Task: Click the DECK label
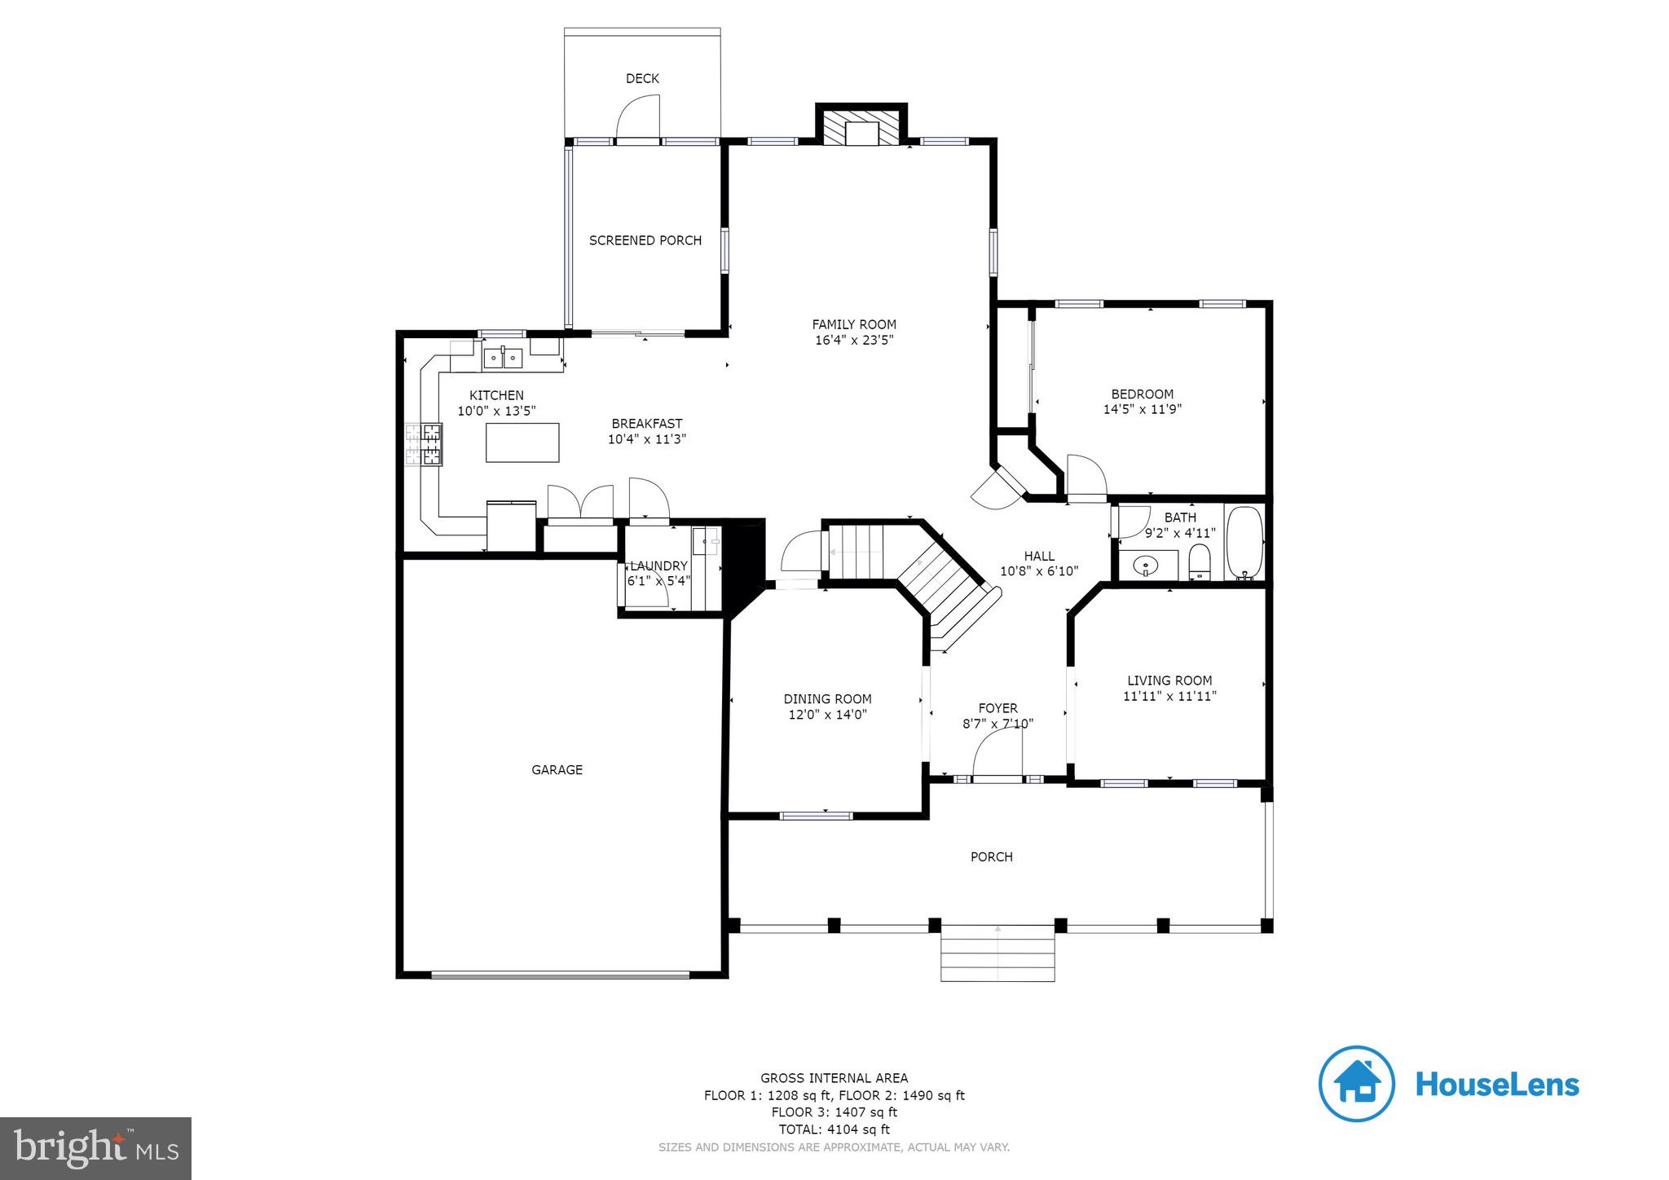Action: pyautogui.click(x=642, y=78)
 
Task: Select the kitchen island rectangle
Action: pyautogui.click(x=522, y=442)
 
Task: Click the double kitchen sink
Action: pyautogui.click(x=503, y=358)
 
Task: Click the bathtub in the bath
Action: pyautogui.click(x=1244, y=542)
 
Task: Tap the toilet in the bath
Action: pyautogui.click(x=1199, y=562)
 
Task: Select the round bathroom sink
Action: pyautogui.click(x=1147, y=564)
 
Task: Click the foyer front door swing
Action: pyautogui.click(x=999, y=754)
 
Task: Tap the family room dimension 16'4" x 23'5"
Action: pyautogui.click(x=854, y=341)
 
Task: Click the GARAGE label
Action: pyautogui.click(x=557, y=769)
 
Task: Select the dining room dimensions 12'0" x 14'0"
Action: pyautogui.click(x=827, y=715)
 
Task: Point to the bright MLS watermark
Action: pyautogui.click(x=95, y=1149)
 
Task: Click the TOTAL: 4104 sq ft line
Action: pyautogui.click(x=834, y=1129)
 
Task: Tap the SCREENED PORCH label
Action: pyautogui.click(x=645, y=240)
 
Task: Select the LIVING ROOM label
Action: pyautogui.click(x=1169, y=680)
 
